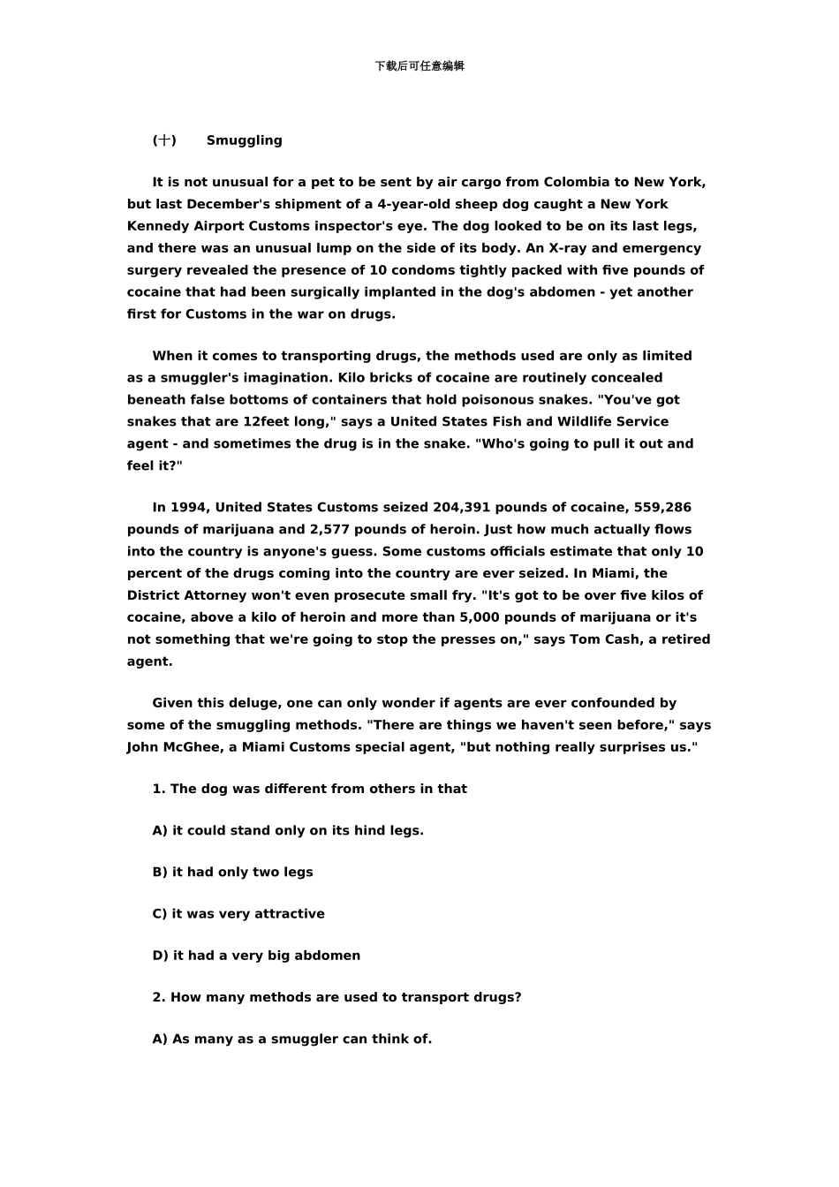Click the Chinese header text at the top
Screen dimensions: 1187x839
click(419, 66)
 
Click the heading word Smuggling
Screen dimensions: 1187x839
click(245, 140)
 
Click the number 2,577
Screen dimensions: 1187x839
click(331, 530)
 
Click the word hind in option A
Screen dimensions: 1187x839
click(369, 831)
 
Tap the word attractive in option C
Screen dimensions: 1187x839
click(290, 914)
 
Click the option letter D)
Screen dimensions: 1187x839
click(160, 956)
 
